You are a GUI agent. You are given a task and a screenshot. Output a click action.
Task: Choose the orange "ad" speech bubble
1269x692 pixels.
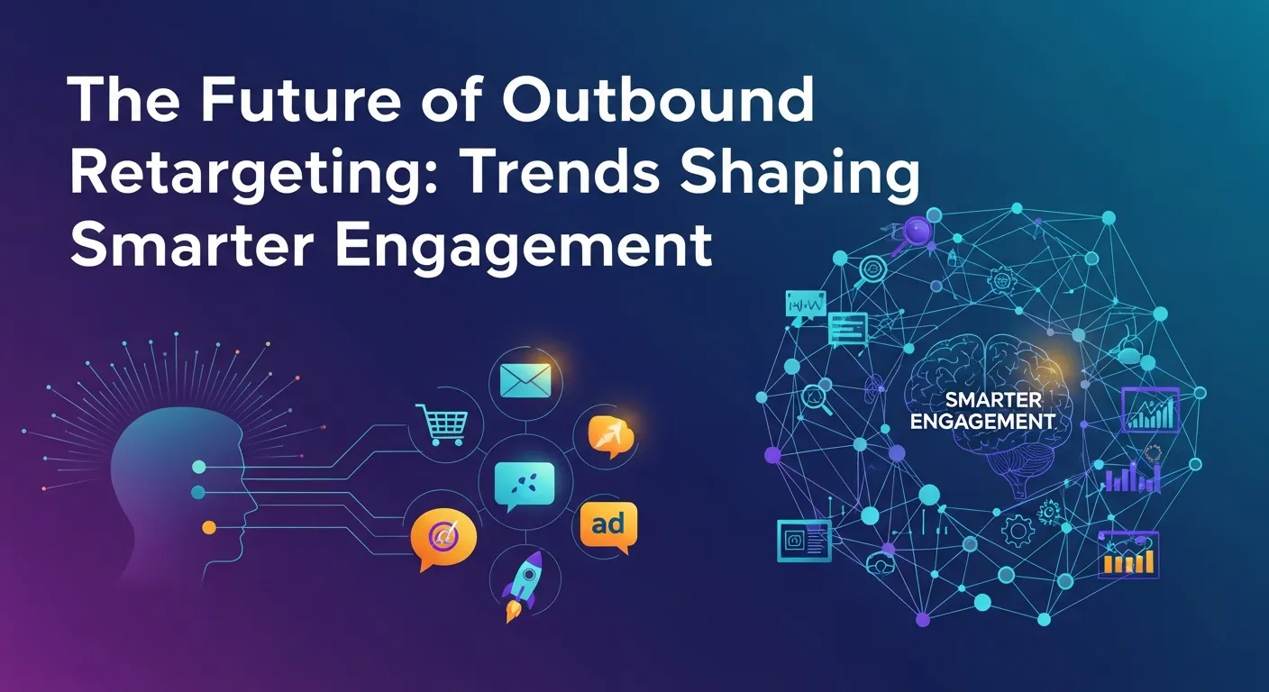pos(607,522)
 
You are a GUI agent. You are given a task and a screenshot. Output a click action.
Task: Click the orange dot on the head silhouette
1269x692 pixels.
pos(209,526)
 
